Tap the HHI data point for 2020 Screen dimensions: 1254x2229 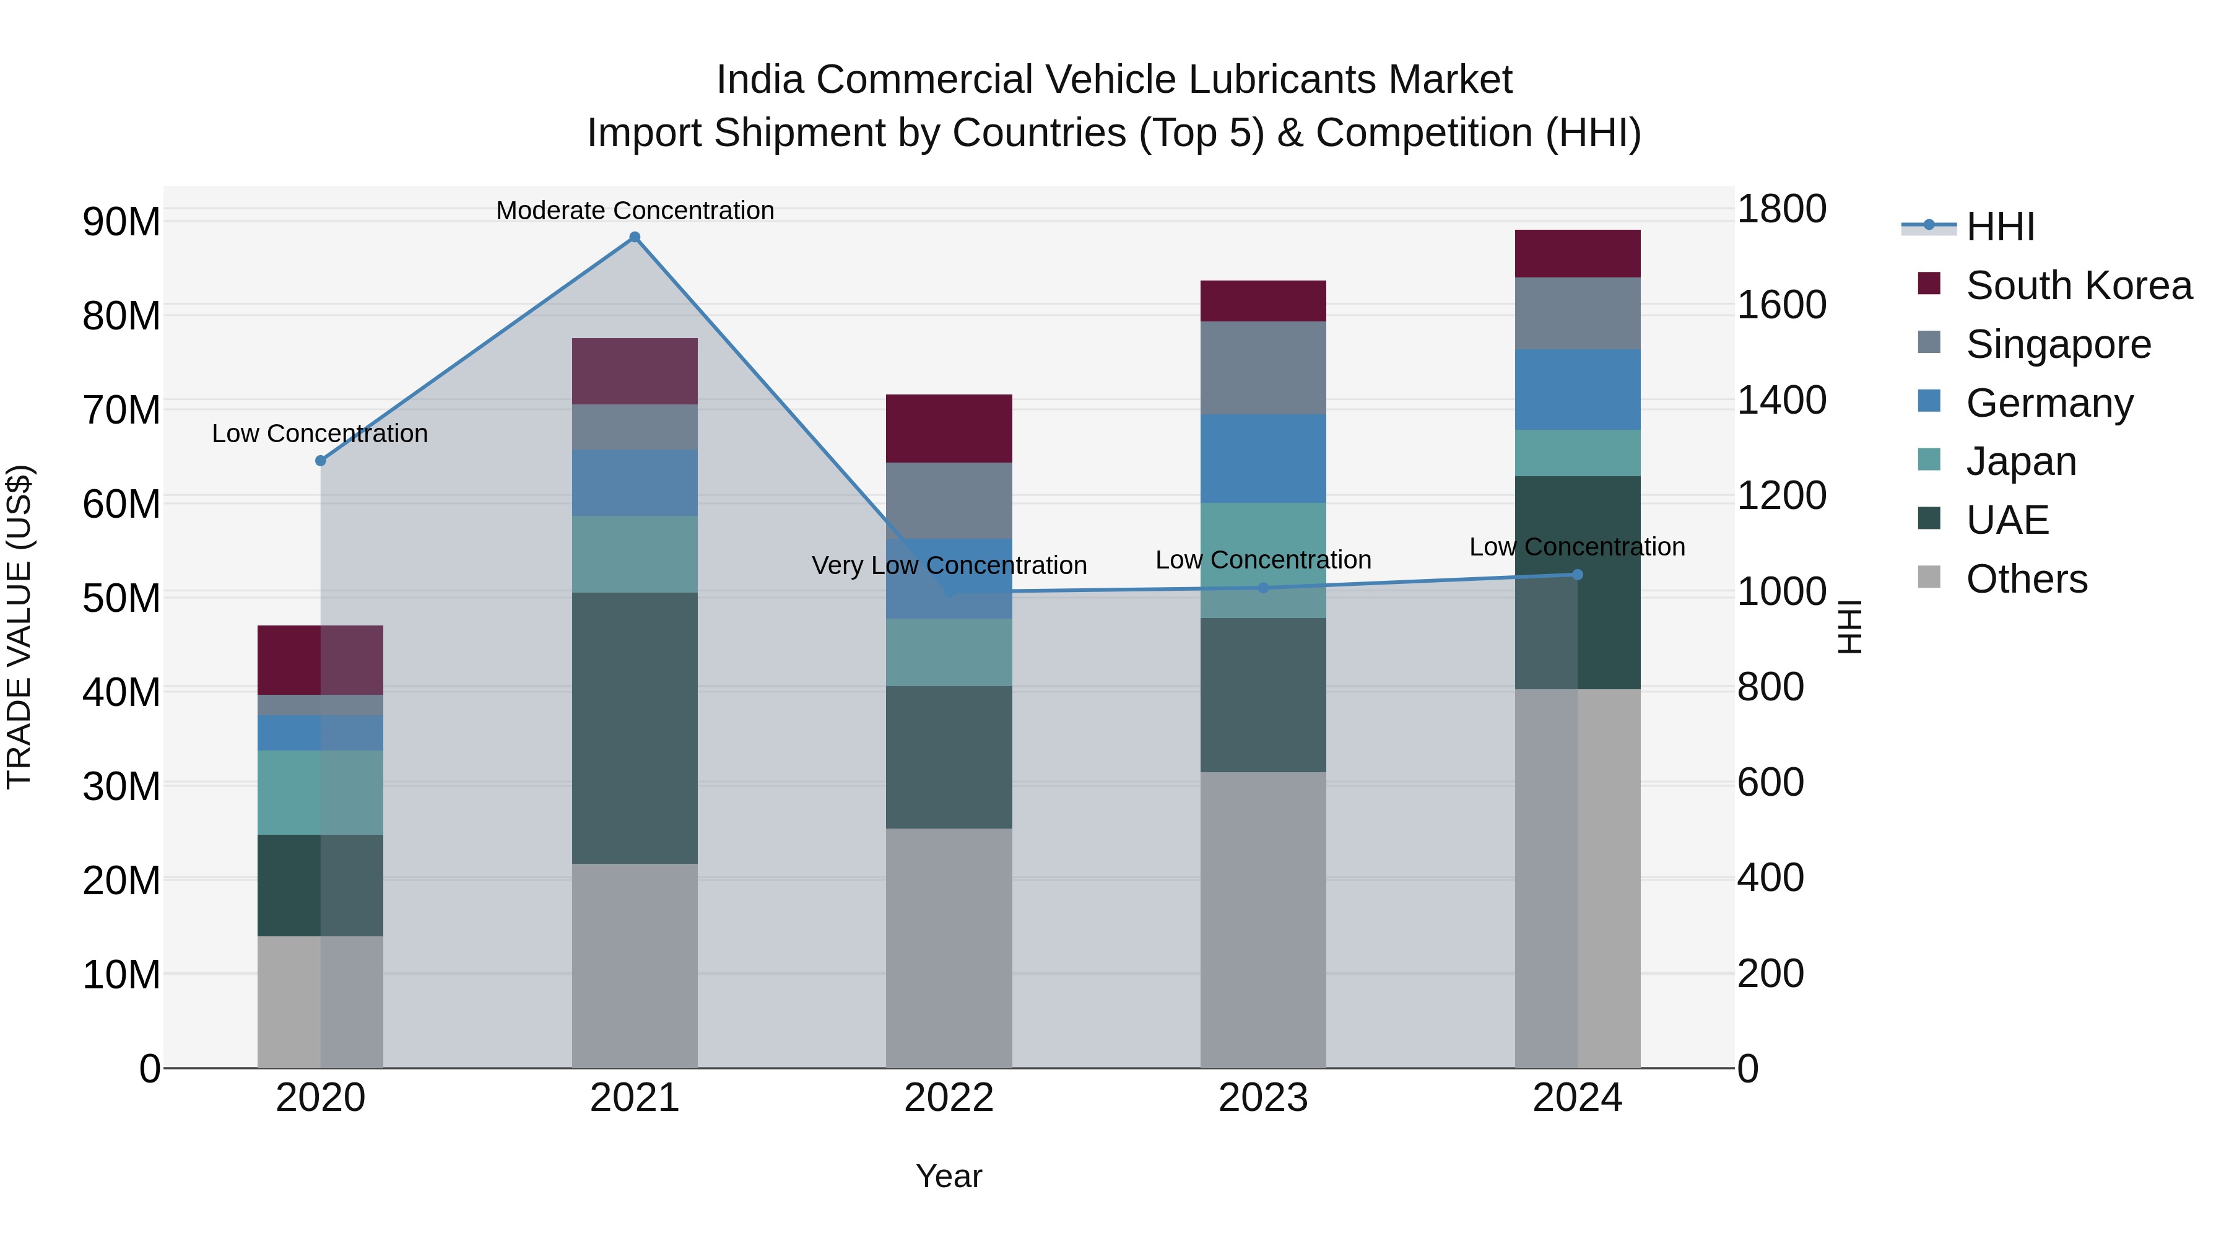(x=320, y=460)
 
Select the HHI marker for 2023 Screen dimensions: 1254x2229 (x=1262, y=588)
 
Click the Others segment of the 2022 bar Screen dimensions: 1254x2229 (x=949, y=947)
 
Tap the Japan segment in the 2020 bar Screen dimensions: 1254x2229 (x=320, y=792)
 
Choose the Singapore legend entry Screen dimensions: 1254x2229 (x=2057, y=344)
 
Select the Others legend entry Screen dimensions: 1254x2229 (x=2026, y=579)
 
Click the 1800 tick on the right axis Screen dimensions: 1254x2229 (x=1781, y=209)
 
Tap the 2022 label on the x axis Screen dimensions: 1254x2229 (x=949, y=1098)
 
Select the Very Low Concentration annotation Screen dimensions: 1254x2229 (x=949, y=565)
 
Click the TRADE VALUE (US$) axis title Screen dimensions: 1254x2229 (x=19, y=627)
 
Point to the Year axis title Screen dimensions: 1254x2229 (x=949, y=1176)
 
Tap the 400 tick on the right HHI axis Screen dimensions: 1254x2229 (x=1770, y=877)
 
